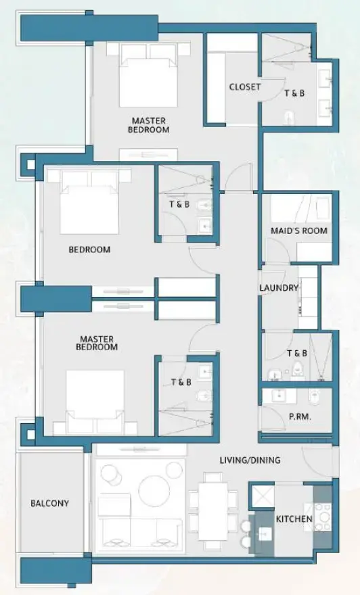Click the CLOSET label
tap(244, 87)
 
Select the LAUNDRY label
tap(278, 287)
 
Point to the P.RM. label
tap(300, 417)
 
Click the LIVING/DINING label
tap(250, 460)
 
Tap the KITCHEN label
tap(294, 519)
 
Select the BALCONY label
tap(49, 504)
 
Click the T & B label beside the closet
tap(294, 93)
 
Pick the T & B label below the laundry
tap(296, 353)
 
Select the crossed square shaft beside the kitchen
tap(261, 496)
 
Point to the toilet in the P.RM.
tap(313, 395)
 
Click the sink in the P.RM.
tap(277, 396)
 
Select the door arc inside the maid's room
tap(276, 253)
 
